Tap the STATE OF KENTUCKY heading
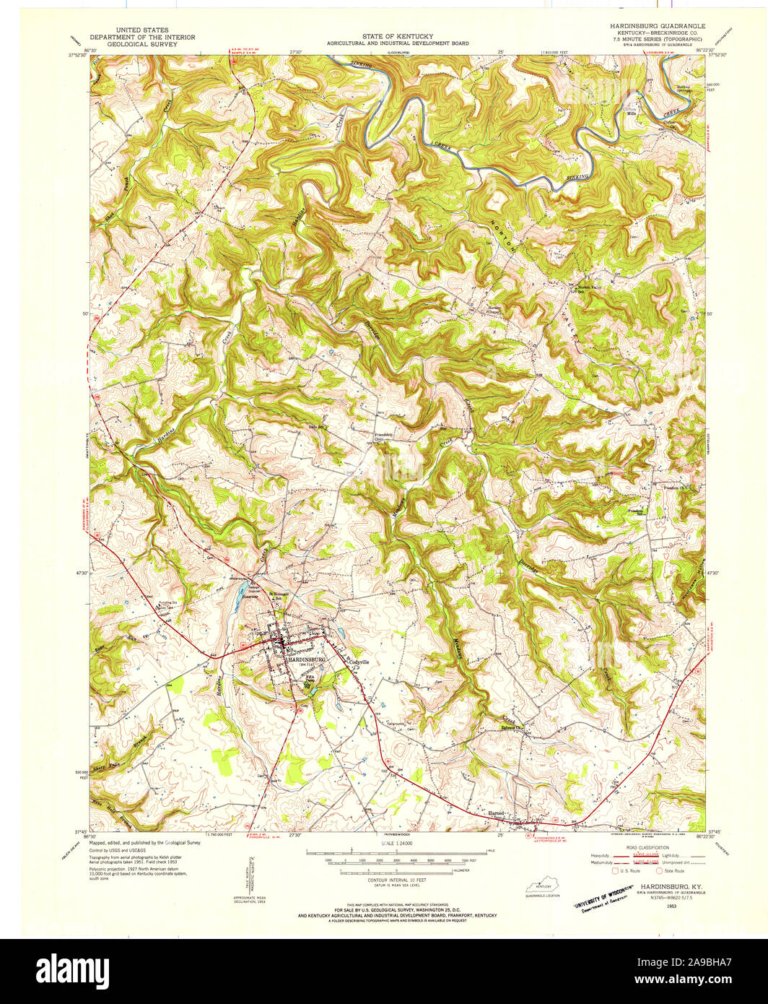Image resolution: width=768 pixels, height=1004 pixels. click(397, 36)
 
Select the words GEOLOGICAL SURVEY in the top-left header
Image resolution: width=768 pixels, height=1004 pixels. click(133, 43)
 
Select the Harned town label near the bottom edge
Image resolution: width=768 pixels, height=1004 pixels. click(496, 813)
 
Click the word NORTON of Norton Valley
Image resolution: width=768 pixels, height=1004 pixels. click(505, 235)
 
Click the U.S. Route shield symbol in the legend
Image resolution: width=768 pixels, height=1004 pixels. click(615, 871)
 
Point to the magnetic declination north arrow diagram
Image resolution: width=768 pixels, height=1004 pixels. click(248, 875)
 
